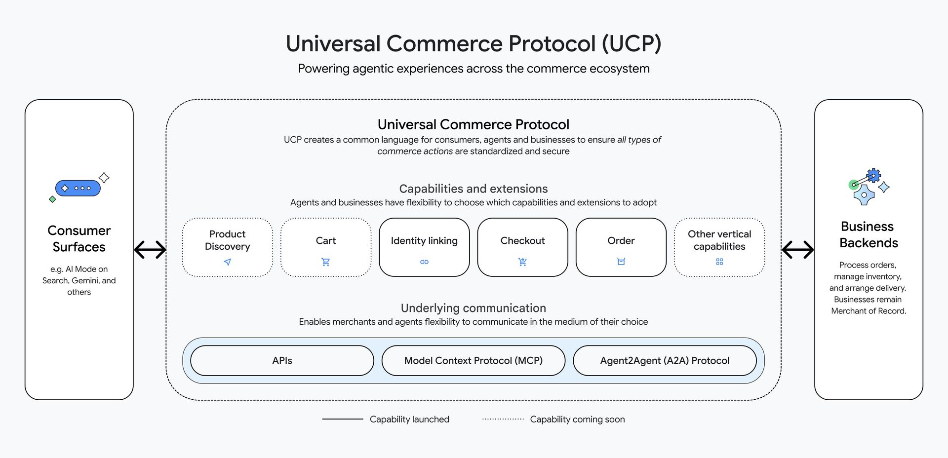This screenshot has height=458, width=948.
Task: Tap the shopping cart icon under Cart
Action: (x=325, y=262)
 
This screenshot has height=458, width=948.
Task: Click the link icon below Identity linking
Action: (x=424, y=262)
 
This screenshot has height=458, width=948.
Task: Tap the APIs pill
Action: (x=282, y=361)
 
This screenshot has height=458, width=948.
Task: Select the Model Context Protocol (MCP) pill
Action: (x=473, y=361)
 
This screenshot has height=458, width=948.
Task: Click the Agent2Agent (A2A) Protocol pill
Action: (x=665, y=361)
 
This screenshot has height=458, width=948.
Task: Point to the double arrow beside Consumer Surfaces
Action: (x=150, y=250)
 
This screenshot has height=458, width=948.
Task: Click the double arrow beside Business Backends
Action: (x=798, y=250)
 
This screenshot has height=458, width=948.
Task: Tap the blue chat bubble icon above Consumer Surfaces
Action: (x=78, y=188)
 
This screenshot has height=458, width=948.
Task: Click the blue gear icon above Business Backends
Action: (x=873, y=176)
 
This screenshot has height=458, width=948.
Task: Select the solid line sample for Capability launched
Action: (x=342, y=419)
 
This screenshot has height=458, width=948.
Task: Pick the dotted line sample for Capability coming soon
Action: (x=503, y=419)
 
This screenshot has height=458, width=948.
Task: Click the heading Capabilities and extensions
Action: (x=473, y=189)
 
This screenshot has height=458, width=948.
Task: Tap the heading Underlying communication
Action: (x=473, y=308)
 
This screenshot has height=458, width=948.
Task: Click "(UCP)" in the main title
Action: (x=631, y=43)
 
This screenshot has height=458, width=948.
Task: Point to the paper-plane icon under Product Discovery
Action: (x=227, y=262)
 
